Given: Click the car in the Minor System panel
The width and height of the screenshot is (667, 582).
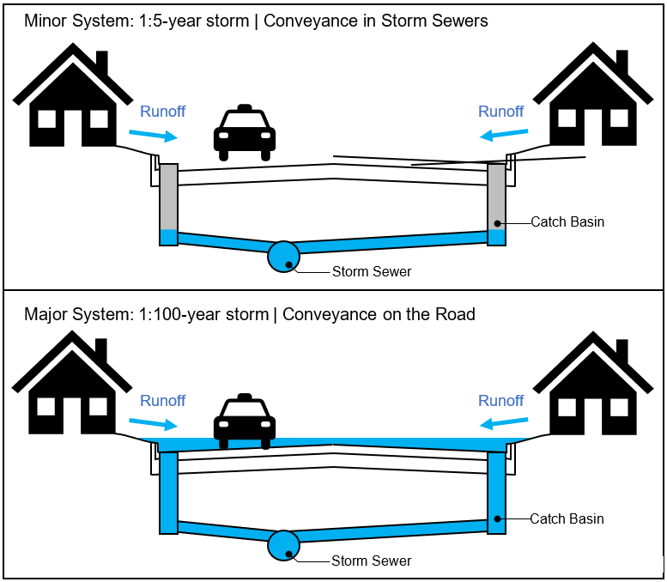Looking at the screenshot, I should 246,133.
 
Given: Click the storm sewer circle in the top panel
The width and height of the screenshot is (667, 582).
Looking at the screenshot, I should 282,256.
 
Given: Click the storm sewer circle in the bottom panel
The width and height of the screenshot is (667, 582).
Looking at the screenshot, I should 282,545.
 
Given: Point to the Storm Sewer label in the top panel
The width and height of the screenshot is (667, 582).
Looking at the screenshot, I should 372,272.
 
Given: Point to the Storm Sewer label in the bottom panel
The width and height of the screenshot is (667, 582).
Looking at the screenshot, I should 372,561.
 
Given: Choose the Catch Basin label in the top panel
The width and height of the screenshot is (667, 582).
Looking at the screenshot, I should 567,222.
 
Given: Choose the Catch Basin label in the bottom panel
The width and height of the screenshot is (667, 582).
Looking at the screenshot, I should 567,519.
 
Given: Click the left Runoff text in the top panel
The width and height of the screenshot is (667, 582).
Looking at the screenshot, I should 163,112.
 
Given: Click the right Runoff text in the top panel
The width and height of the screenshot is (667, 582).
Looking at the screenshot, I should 500,112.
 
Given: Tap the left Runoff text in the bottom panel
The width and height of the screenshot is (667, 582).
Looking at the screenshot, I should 163,401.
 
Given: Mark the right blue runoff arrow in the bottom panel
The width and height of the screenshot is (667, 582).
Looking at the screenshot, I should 504,422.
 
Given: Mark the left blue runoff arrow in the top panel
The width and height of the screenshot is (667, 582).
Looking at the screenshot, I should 153,134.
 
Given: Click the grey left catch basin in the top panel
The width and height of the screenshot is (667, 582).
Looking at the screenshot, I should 168,197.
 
